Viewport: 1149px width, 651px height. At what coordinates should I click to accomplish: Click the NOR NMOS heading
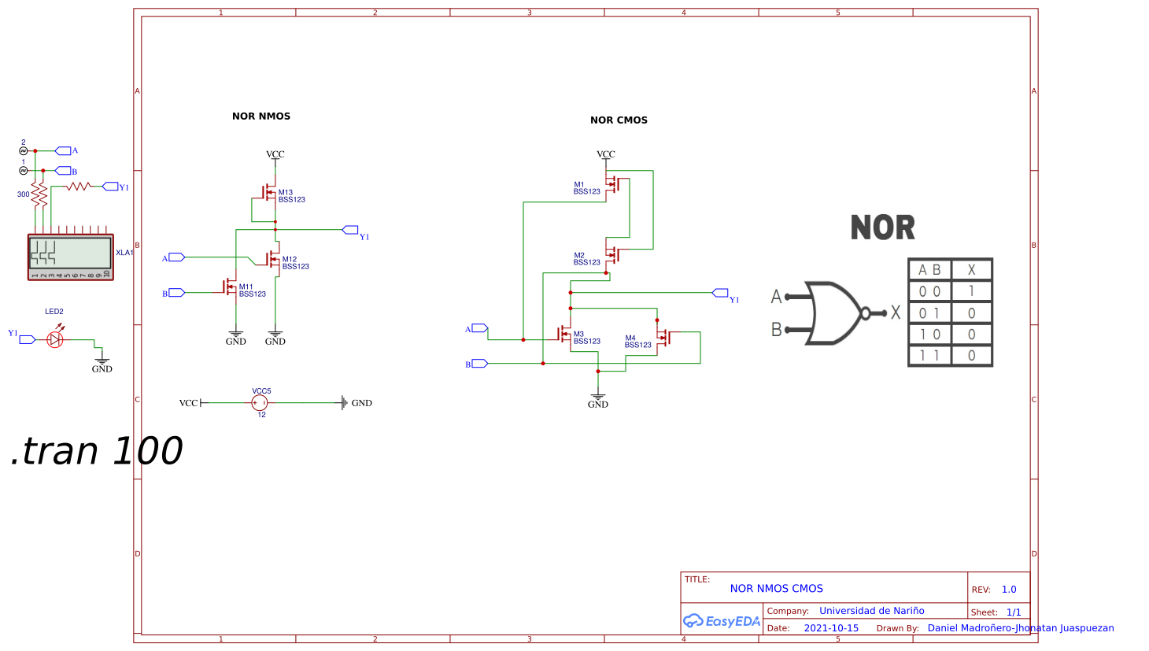pyautogui.click(x=261, y=117)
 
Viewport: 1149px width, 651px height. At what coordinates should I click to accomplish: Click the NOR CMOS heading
pyautogui.click(x=619, y=120)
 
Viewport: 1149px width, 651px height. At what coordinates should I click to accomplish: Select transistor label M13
pyautogui.click(x=285, y=192)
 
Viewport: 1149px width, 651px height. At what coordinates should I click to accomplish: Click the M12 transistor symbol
pyautogui.click(x=273, y=259)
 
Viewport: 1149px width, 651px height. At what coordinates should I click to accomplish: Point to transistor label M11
pyautogui.click(x=246, y=287)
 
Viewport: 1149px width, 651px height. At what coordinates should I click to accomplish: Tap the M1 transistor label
pyautogui.click(x=578, y=185)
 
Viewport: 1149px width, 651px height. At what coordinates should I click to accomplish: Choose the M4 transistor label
pyautogui.click(x=630, y=338)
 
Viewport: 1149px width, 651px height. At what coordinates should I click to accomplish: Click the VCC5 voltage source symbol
pyautogui.click(x=260, y=403)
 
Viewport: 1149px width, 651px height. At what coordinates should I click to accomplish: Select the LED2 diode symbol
pyautogui.click(x=55, y=339)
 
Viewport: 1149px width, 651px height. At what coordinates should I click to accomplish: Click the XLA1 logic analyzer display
pyautogui.click(x=70, y=253)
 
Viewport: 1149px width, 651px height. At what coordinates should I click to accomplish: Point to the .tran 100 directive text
pyautogui.click(x=96, y=452)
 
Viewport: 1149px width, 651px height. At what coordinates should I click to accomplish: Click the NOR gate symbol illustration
pyautogui.click(x=834, y=313)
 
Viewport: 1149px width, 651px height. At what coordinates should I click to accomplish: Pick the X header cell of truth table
pyautogui.click(x=971, y=269)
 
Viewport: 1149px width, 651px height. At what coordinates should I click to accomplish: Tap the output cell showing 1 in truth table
pyautogui.click(x=971, y=291)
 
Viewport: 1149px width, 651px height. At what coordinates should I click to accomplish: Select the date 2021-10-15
pyautogui.click(x=831, y=628)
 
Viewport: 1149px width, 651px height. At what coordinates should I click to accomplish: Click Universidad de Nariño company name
pyautogui.click(x=871, y=611)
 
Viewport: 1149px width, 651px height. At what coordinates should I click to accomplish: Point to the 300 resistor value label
pyautogui.click(x=24, y=194)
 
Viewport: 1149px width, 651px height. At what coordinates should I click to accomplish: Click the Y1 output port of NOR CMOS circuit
pyautogui.click(x=721, y=294)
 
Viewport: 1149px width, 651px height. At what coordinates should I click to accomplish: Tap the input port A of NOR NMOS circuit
pyautogui.click(x=176, y=257)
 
